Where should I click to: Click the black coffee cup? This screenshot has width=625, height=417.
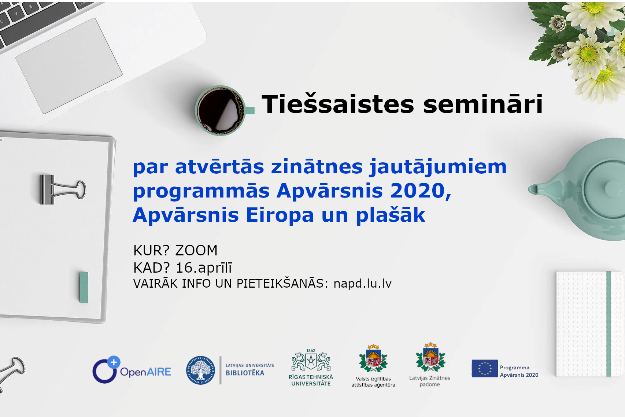point(221,111)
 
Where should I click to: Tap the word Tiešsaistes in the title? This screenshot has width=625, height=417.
point(338,104)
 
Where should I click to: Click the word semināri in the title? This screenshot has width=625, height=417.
point(483,104)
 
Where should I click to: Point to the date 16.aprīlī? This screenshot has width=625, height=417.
point(204,267)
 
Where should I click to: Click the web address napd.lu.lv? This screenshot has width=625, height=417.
point(362,284)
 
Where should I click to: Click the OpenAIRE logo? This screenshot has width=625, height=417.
point(132,370)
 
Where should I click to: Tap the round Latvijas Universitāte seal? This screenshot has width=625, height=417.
point(201,370)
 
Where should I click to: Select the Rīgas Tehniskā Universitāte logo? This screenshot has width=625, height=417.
point(311,367)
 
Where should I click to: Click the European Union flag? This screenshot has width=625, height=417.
point(485,368)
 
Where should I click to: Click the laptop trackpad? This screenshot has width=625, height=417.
point(69,66)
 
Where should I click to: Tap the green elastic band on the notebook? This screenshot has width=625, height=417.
point(609,324)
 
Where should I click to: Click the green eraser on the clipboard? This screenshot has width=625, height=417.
point(84,287)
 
